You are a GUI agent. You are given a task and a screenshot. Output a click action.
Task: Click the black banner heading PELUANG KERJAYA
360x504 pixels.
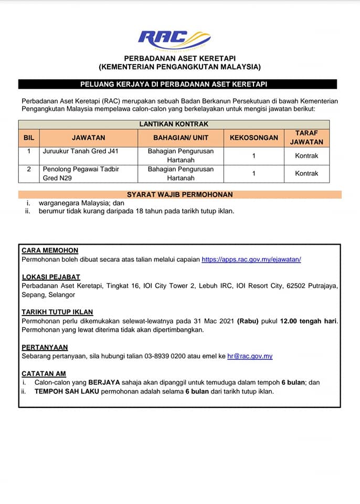coord(177,84)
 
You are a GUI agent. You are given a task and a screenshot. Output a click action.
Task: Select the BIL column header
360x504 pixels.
coord(29,138)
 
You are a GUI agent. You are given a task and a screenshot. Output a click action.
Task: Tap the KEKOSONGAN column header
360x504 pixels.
coord(254,138)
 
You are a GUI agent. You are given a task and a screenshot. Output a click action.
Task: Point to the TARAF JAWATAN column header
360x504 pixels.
coord(306,138)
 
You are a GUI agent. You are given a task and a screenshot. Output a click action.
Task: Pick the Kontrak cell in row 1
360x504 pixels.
coord(306,156)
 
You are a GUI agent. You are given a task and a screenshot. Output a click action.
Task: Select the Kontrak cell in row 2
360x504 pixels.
coord(306,173)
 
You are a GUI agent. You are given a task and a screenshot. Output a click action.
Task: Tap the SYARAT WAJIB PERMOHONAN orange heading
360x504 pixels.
coord(179,194)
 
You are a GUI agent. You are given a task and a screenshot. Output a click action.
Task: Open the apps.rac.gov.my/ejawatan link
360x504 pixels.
coord(251,259)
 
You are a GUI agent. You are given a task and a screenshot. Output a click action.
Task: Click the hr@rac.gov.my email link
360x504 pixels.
coord(250,356)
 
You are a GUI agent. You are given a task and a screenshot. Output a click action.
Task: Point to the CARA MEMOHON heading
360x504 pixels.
coord(50,251)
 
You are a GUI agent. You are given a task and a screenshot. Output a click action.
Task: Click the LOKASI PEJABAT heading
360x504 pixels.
coord(51,277)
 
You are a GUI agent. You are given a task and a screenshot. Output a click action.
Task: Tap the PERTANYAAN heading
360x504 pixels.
coord(45,347)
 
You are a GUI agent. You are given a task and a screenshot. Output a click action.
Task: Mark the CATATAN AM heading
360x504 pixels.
coord(44,374)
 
